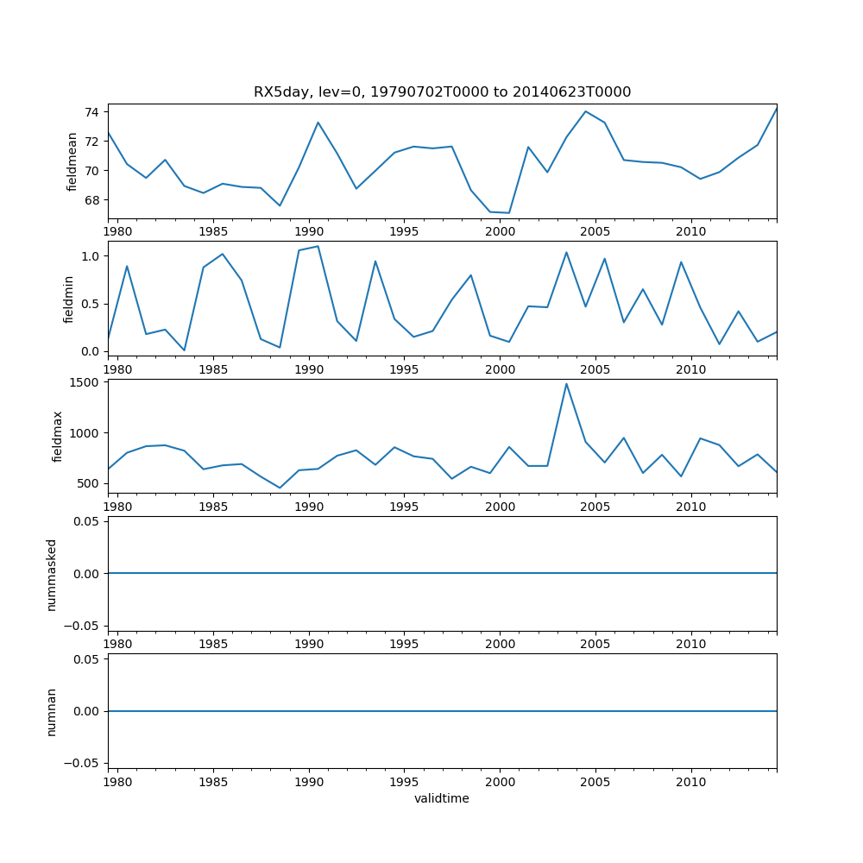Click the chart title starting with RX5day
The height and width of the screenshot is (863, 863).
(442, 92)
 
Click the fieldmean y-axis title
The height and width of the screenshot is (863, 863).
(72, 161)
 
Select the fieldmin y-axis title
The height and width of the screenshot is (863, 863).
(69, 298)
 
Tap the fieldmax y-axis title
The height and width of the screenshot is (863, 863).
(58, 436)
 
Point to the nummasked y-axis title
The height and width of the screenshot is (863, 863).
(52, 574)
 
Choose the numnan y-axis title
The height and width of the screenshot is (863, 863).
(52, 711)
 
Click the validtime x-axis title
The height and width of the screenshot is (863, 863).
(442, 799)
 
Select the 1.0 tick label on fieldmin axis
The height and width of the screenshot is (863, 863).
(91, 256)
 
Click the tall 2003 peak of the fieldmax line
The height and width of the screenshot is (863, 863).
(566, 384)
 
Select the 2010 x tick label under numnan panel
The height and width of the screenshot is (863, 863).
(691, 783)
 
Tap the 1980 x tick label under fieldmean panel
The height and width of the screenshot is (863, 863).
(118, 232)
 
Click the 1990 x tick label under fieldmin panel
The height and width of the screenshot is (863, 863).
(309, 369)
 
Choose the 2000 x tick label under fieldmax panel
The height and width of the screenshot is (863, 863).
(500, 507)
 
